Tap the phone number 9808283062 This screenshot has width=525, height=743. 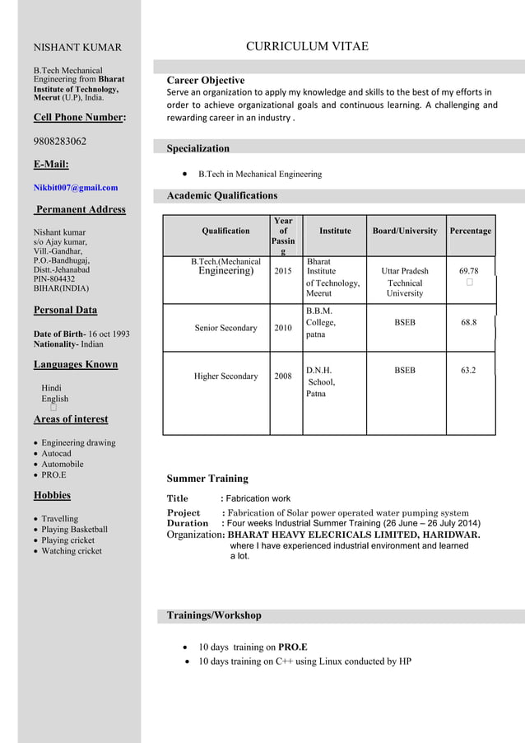click(x=60, y=141)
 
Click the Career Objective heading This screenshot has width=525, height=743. click(x=206, y=81)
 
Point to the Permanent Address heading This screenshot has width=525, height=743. click(x=80, y=209)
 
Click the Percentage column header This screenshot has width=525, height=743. click(x=471, y=231)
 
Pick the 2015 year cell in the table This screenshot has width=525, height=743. click(x=283, y=271)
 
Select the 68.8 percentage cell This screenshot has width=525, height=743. click(x=468, y=323)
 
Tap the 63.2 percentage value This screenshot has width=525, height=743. click(x=468, y=371)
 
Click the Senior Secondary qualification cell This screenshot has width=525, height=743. click(x=226, y=328)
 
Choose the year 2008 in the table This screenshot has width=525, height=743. click(x=283, y=376)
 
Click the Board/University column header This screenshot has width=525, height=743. click(x=405, y=231)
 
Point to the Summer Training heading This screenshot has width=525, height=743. click(x=207, y=479)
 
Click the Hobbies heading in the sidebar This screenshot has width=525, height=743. click(x=52, y=495)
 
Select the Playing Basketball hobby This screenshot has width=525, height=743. click(x=75, y=530)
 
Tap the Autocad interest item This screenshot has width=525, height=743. click(x=57, y=454)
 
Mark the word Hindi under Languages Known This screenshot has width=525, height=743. click(x=52, y=387)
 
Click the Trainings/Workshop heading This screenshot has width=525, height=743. click(x=214, y=615)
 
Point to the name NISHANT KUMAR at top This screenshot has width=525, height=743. click(x=77, y=48)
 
